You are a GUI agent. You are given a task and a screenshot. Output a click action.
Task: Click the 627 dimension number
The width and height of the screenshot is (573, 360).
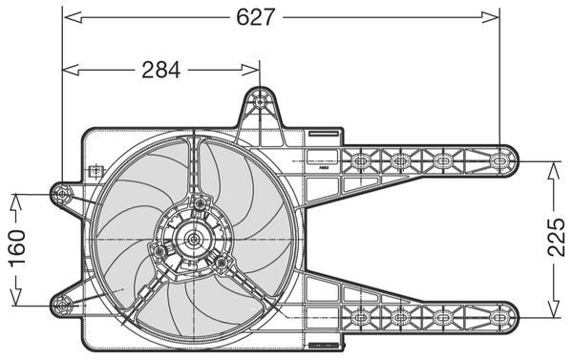(255, 17)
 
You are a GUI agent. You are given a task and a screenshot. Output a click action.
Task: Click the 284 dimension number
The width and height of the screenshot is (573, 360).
(161, 70)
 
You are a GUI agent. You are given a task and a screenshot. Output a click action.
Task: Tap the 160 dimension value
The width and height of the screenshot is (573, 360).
(17, 248)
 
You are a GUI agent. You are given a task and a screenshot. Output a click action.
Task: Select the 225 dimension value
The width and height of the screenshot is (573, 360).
(556, 237)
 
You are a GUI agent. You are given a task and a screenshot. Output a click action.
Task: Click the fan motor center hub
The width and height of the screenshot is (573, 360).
(193, 240)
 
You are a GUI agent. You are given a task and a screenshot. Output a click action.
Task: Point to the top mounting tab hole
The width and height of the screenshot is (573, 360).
(260, 101)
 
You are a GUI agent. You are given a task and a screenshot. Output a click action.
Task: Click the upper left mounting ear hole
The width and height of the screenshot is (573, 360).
(62, 194)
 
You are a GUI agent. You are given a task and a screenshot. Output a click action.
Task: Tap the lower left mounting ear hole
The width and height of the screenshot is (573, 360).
(62, 305)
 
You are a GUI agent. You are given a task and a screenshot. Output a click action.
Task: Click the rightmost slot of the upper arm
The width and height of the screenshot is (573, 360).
(499, 160)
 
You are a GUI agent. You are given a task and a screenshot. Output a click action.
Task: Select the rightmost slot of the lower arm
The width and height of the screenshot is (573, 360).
(499, 317)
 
